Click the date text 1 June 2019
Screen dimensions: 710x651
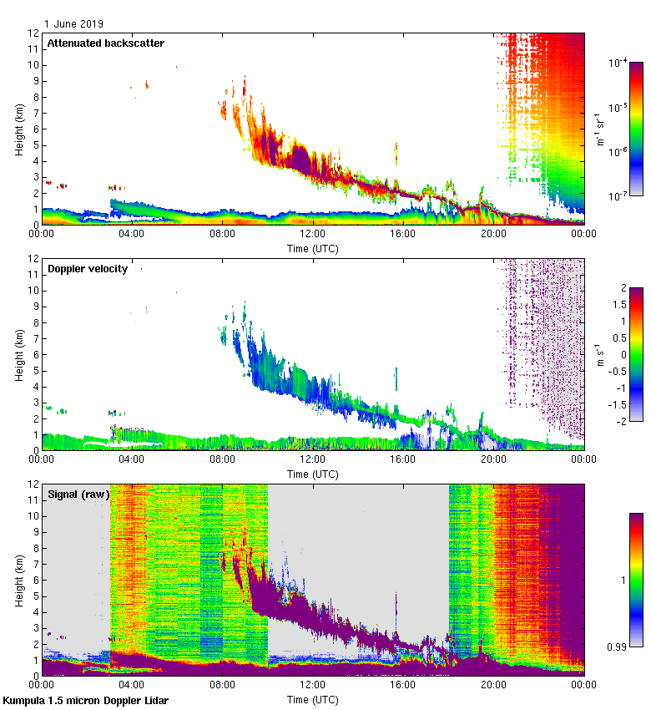tap(74, 24)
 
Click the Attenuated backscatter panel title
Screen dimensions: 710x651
tap(105, 43)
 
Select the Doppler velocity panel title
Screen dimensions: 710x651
tap(88, 268)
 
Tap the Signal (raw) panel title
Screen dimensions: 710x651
tap(78, 494)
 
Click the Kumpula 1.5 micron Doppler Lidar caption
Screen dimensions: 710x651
tap(85, 700)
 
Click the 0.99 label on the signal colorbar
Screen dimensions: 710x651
tap(617, 646)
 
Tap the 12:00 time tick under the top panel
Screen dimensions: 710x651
tap(313, 235)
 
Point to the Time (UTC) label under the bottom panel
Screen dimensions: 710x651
tap(313, 697)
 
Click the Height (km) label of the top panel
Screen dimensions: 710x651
tap(19, 129)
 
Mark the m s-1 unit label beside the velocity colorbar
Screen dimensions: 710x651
tap(599, 354)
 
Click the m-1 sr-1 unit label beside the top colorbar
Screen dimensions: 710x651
tap(599, 129)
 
